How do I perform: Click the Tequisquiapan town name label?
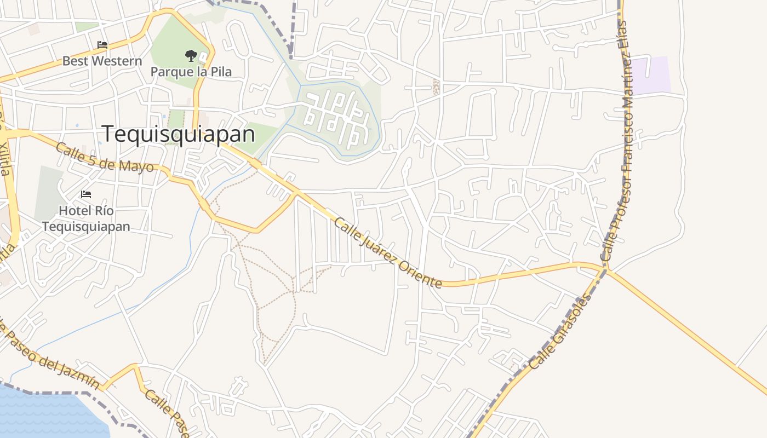pos(179,134)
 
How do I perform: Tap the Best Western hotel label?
pos(102,61)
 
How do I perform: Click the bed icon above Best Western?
pos(102,45)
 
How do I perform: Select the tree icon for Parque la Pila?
pos(191,55)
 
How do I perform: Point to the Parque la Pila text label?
pos(191,72)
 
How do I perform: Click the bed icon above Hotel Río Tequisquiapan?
pos(85,194)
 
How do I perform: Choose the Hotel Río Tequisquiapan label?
pos(86,218)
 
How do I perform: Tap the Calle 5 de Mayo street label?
pos(105,158)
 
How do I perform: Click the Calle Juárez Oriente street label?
pos(387,252)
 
